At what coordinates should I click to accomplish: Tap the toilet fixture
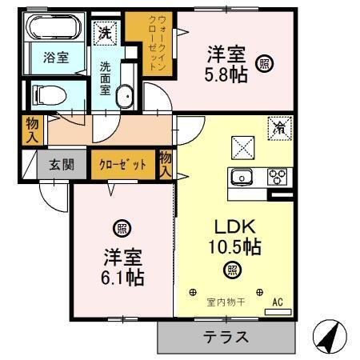point(50,95)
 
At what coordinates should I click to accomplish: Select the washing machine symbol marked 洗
point(105,33)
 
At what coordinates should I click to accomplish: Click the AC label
point(278,302)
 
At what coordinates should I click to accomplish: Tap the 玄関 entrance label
point(62,166)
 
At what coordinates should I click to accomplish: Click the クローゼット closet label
point(122,166)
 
